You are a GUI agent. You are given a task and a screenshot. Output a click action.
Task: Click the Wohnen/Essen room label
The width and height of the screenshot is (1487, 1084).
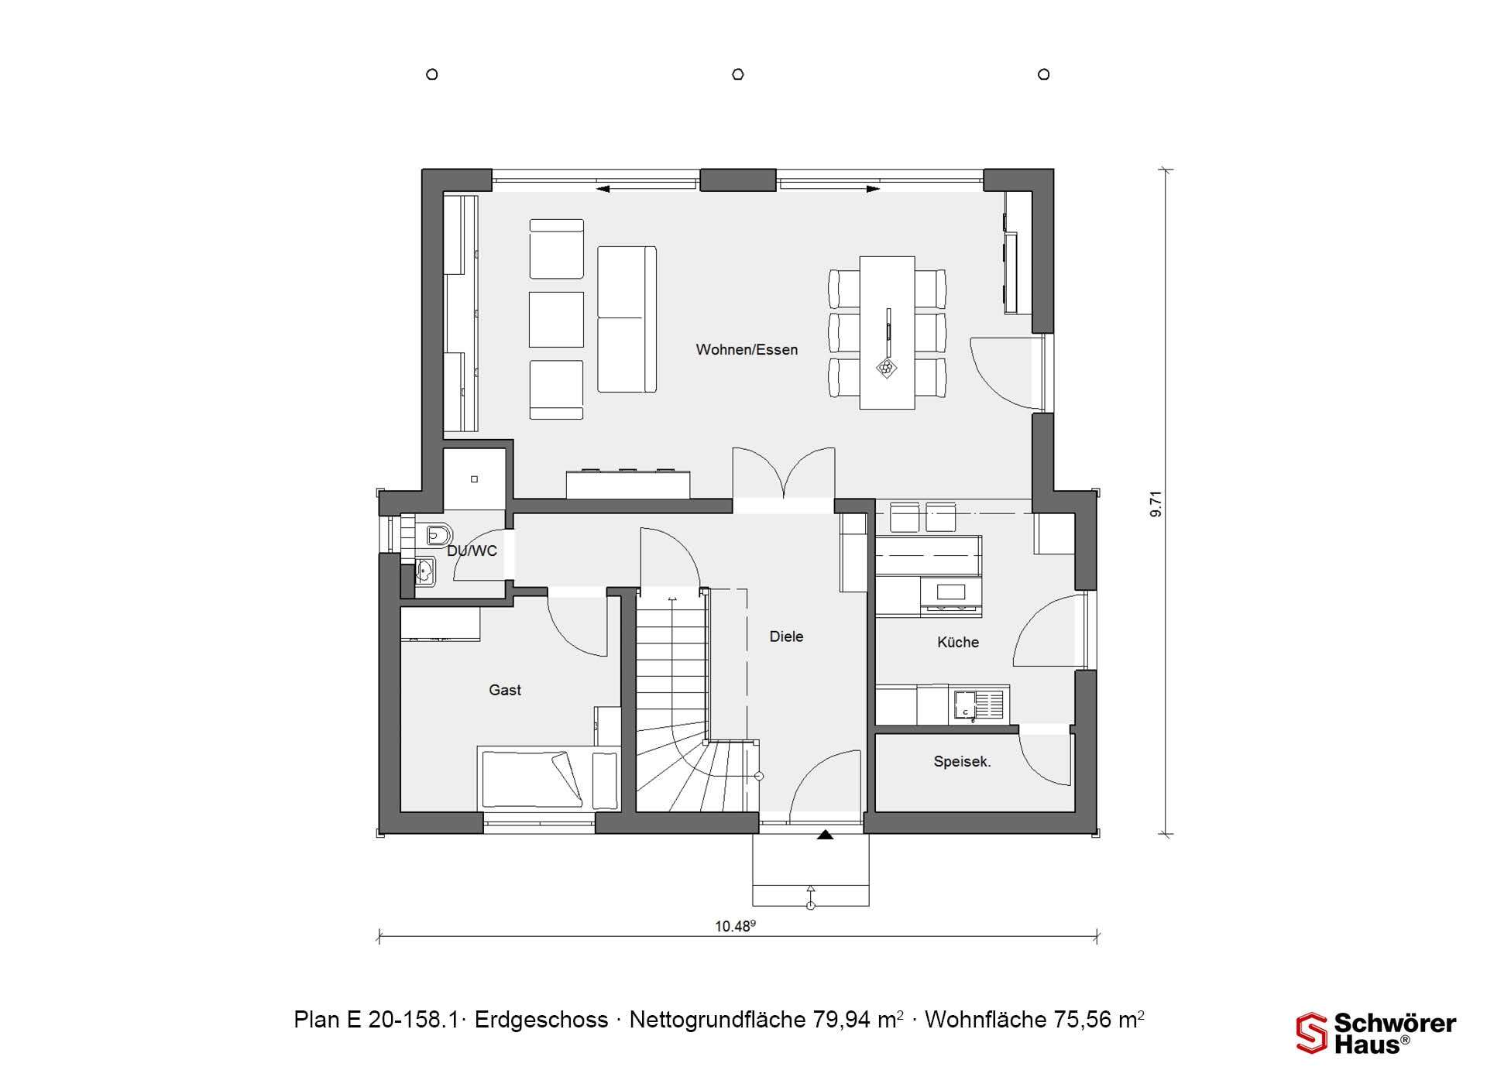747,350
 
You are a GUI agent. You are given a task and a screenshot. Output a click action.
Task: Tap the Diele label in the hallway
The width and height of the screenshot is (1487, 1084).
786,636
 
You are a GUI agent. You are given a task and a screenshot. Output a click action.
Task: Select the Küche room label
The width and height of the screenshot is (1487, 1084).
958,642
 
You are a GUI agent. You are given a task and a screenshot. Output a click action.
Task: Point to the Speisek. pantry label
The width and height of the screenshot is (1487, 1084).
962,762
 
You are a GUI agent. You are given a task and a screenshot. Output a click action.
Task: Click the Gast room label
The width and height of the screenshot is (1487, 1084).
505,690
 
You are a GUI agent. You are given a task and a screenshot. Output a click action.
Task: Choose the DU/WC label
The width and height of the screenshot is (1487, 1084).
472,551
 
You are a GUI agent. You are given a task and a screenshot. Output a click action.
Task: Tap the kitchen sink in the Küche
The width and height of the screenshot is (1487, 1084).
980,705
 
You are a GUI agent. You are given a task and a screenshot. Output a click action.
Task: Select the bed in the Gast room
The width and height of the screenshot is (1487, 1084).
548,779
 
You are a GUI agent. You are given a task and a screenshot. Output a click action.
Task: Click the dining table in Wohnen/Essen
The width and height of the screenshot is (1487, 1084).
888,332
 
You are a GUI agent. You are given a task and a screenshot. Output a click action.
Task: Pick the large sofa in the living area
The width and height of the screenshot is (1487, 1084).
627,319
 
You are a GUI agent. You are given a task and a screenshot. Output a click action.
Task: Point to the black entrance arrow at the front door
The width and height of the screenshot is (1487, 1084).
826,835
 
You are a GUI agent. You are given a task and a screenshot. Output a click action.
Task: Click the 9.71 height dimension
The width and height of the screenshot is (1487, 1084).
1156,503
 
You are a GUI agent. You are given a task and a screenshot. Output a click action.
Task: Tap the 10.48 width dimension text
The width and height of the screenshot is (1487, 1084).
734,926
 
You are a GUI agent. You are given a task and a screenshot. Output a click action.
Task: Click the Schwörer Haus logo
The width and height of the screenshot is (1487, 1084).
1376,1033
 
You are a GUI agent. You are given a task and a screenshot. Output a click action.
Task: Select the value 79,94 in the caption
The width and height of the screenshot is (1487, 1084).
842,1020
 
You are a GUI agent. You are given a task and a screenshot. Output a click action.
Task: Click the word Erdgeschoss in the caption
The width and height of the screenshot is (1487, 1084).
541,1020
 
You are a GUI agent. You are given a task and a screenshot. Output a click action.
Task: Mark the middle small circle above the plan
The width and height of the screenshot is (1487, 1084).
738,74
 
